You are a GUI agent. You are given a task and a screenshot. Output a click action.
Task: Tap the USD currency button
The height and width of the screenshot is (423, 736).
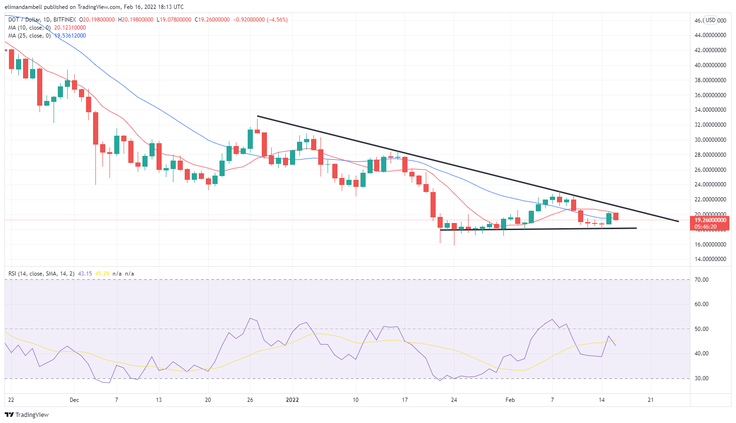coord(710,20)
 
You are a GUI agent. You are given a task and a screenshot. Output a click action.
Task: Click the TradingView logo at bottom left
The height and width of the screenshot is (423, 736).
coord(27,415)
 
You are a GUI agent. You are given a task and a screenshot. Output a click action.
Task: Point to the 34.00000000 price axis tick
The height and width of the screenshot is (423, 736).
coord(710,110)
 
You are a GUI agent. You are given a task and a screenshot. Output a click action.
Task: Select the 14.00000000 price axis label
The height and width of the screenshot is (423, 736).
coord(710,259)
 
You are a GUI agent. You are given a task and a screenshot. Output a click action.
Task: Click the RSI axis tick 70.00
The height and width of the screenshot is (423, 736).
coord(702,280)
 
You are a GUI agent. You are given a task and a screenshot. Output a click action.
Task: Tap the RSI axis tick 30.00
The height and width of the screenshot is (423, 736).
coord(702,378)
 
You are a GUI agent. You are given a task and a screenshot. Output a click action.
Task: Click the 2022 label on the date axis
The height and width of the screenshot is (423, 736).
coord(292,400)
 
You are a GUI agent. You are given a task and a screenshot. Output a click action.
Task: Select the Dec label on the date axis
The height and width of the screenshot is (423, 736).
coord(74,400)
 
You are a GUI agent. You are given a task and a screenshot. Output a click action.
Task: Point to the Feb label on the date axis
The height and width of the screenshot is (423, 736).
coord(510,400)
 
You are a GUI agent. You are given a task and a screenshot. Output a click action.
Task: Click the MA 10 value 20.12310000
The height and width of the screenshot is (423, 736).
coord(70,28)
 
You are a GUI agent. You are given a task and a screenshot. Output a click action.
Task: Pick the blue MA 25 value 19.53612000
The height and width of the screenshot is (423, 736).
coord(70,36)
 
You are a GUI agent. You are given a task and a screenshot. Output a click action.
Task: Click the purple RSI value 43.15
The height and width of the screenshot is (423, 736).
coord(85,273)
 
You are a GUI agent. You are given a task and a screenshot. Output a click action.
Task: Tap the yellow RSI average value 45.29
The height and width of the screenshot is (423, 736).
coord(102,273)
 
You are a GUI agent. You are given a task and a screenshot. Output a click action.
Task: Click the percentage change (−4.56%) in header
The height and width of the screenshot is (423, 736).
coord(277,20)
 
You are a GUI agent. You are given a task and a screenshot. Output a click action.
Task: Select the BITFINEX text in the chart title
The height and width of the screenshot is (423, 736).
coord(64,20)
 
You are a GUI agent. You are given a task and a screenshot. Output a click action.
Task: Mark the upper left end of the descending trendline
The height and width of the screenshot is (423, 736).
coord(258,116)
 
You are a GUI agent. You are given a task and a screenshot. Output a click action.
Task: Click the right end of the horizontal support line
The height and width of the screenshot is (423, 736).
coord(636,228)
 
